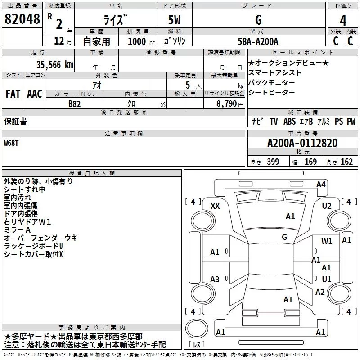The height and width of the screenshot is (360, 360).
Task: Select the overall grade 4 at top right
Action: click(343, 20)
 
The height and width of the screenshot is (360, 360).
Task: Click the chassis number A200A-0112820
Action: click(302, 143)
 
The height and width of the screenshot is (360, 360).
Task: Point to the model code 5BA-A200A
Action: click(258, 41)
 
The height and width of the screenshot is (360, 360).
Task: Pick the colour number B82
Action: click(75, 103)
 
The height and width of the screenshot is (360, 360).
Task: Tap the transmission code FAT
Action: click(13, 94)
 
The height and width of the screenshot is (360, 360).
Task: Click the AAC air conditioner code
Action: click(35, 94)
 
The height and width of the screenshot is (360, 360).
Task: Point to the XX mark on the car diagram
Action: click(215, 206)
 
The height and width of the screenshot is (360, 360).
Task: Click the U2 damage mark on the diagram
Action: click(327, 206)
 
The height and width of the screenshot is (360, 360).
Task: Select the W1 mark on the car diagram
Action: click(327, 241)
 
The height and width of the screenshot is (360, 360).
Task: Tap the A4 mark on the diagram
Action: click(321, 184)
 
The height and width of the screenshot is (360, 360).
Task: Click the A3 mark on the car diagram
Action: click(215, 279)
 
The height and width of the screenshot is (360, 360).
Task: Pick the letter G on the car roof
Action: click(284, 237)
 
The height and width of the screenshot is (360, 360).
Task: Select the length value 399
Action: click(273, 162)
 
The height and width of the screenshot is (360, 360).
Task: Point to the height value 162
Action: click(346, 162)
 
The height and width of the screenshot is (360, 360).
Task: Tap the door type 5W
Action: click(176, 20)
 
